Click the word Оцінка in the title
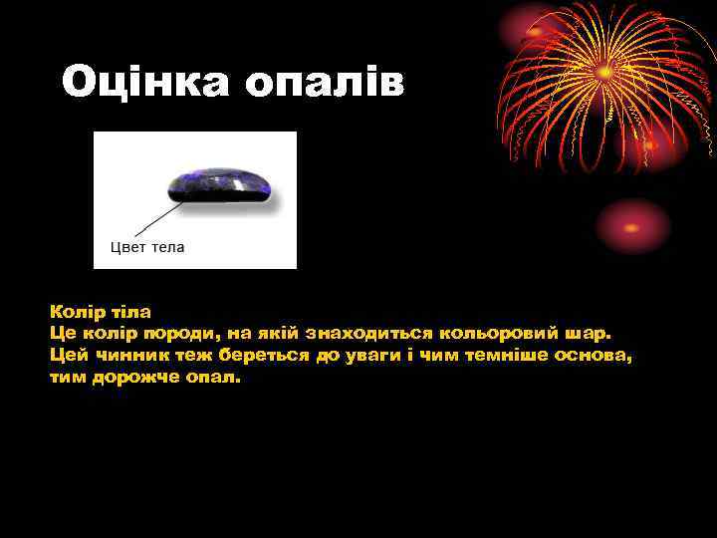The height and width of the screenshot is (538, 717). click(x=143, y=83)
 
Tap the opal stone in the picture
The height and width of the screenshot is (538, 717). click(x=219, y=186)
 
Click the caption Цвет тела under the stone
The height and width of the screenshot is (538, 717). click(x=146, y=247)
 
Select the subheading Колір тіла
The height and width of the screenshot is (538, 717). click(x=100, y=312)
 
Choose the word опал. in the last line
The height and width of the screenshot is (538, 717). click(x=211, y=378)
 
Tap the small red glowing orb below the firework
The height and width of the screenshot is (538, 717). click(x=633, y=226)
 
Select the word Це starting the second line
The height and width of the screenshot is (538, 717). click(x=61, y=334)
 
